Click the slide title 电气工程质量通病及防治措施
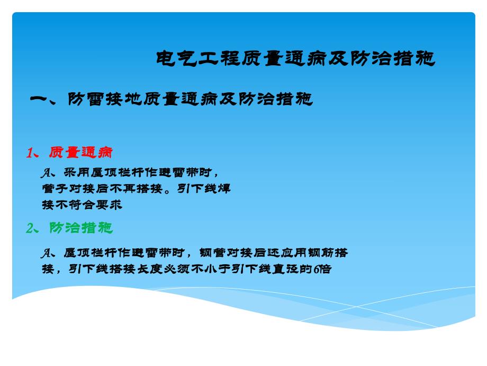(295, 59)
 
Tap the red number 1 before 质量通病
(30, 153)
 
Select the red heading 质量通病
(80, 153)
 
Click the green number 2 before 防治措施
(30, 228)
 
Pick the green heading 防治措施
(80, 228)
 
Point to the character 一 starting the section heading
(41, 99)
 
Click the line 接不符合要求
(82, 205)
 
